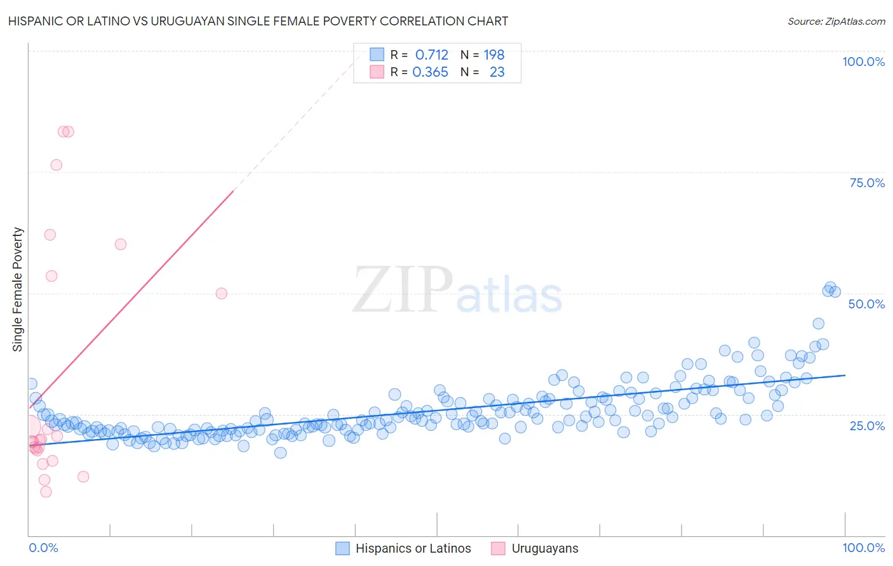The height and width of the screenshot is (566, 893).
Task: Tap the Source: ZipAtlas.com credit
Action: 836,22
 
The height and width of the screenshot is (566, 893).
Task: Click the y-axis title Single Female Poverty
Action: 18,289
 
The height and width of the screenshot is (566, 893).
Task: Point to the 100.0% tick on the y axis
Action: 863,62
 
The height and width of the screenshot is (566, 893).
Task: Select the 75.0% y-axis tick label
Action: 867,183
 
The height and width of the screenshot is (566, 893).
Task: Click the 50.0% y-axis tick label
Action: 866,304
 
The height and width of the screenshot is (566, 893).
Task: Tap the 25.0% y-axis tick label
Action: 867,425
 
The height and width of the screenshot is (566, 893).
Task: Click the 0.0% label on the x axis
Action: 43,548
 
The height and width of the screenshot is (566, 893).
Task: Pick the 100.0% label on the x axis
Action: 863,548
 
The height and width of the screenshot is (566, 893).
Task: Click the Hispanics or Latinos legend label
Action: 413,548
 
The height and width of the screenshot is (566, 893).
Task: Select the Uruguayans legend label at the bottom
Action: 545,548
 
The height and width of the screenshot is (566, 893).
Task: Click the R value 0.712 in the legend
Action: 431,55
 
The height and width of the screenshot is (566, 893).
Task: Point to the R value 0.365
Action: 430,72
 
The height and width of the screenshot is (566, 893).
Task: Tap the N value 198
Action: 494,55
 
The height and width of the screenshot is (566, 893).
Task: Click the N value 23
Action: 497,72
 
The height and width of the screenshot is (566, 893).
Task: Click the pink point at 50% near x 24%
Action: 221,293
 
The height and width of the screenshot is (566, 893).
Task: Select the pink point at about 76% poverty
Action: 56,165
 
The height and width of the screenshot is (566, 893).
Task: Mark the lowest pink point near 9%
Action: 46,492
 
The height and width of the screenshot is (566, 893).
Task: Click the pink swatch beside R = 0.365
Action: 377,72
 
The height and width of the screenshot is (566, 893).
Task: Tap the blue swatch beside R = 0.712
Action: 377,55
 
